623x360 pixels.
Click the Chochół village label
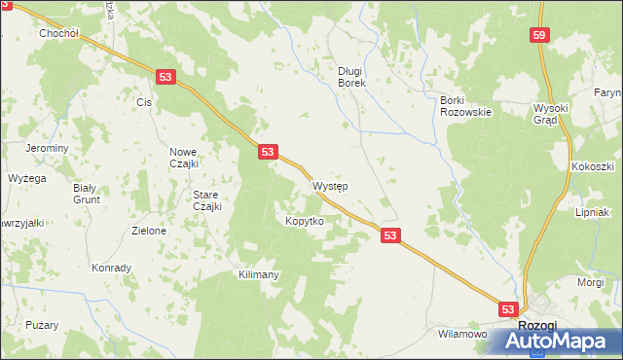[x=58, y=32]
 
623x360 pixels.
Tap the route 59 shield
[x=540, y=35]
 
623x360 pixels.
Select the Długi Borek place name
[x=350, y=77]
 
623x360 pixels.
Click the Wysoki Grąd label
[x=556, y=114]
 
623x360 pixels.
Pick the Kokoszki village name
[x=592, y=167]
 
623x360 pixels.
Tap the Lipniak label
[x=592, y=211]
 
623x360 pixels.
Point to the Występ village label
[x=331, y=186]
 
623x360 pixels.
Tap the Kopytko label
[x=304, y=221]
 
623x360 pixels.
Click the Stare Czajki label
[x=207, y=199]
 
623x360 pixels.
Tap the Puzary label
[x=43, y=325]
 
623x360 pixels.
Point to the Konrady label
[x=111, y=268]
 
